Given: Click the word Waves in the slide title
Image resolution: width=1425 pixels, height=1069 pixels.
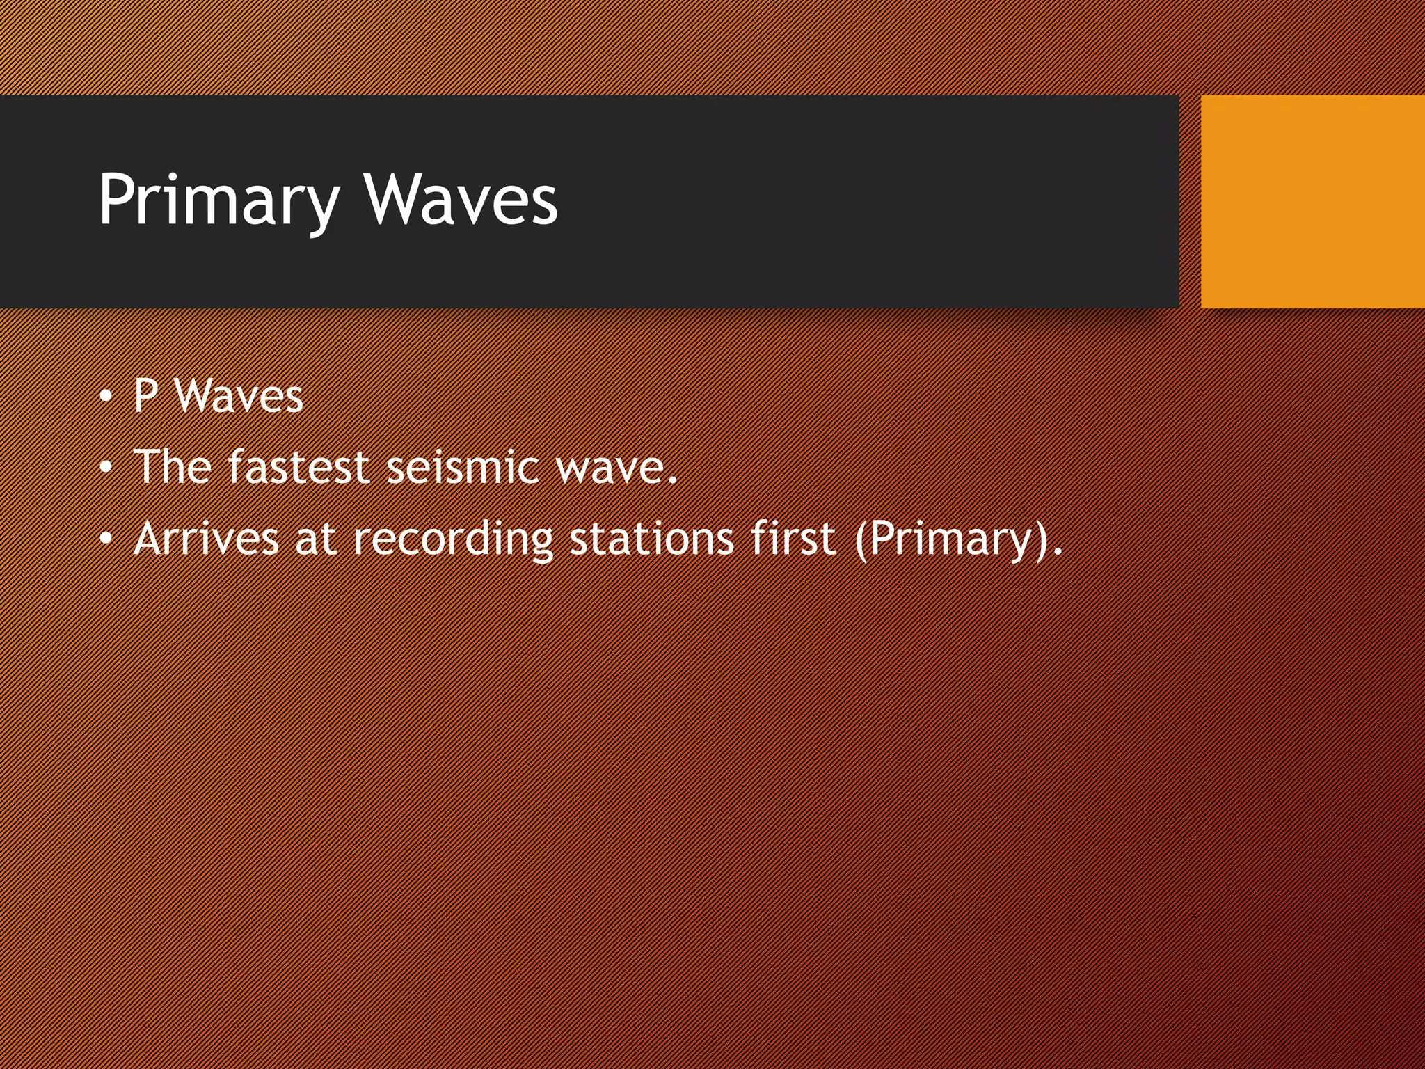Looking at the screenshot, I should (461, 200).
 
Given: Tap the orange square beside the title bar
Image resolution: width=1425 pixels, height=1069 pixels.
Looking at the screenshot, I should (1312, 202).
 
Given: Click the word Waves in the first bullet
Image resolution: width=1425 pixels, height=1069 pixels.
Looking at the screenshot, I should (239, 397).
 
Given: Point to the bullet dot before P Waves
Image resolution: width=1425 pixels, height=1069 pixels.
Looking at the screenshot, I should (105, 397).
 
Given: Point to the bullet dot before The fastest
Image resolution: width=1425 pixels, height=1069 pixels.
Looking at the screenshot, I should (105, 468).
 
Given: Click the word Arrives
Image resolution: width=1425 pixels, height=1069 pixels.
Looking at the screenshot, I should (206, 539).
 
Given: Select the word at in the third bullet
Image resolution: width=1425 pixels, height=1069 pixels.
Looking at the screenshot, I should (316, 539).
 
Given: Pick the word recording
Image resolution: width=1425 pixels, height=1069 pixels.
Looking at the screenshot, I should (453, 540).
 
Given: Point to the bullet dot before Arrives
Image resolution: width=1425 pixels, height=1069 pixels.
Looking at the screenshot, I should (105, 539).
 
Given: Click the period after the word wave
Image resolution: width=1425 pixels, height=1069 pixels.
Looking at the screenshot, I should (672, 480).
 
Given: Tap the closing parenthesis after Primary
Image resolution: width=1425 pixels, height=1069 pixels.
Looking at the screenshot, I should (1042, 540).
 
